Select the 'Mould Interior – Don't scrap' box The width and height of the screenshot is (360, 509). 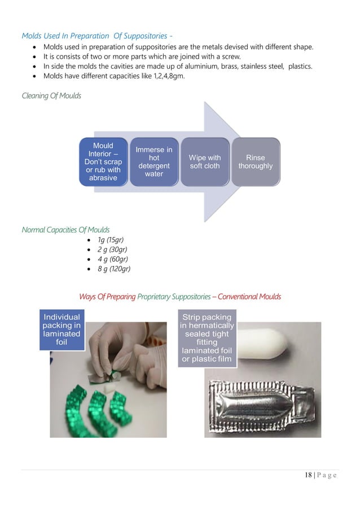coord(103,162)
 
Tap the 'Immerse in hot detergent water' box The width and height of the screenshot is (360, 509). coord(153,162)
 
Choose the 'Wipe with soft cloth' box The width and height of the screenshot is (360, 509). coord(204,162)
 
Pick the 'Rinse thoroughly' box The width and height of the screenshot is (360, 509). coord(255,162)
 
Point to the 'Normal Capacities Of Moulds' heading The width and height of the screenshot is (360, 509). coord(65,230)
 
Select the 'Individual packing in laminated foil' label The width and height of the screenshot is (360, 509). coord(62,330)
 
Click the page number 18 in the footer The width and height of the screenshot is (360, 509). coord(308,475)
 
